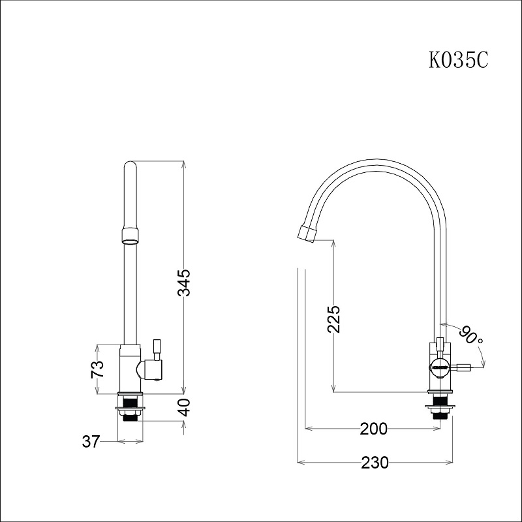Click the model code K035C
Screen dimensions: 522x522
[459, 60]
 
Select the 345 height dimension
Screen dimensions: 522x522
[183, 283]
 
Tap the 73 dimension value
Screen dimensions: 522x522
[97, 369]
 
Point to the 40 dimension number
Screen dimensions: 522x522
[183, 407]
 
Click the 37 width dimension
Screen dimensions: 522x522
[91, 442]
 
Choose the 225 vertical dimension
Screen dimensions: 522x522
[333, 319]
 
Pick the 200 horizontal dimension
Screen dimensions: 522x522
[373, 429]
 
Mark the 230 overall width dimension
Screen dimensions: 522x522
[375, 463]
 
